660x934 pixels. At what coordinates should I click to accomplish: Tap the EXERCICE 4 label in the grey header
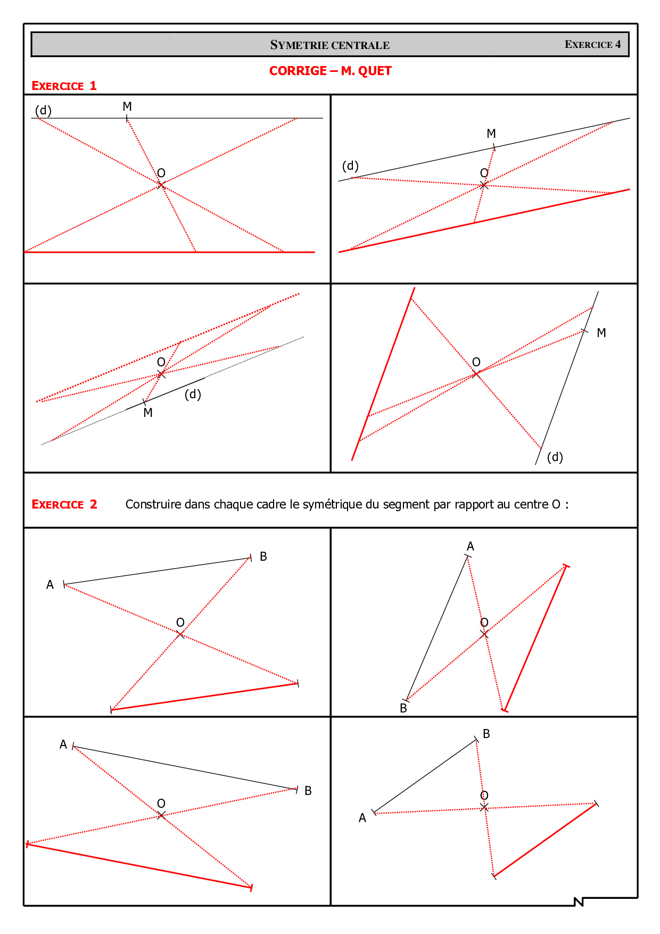592,45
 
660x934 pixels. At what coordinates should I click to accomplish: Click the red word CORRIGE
298,71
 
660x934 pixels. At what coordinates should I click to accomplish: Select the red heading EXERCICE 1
64,86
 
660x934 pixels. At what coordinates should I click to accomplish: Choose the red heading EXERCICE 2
64,504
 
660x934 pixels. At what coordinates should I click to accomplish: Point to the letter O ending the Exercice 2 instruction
556,504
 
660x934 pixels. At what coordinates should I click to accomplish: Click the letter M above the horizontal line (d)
127,106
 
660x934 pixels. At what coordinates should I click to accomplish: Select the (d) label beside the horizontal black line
43,110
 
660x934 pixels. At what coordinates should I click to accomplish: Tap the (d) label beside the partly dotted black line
193,394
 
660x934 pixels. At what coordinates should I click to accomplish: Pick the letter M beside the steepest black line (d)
601,333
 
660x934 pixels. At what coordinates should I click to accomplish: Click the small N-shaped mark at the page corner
579,902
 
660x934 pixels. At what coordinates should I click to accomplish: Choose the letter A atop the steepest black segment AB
471,546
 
